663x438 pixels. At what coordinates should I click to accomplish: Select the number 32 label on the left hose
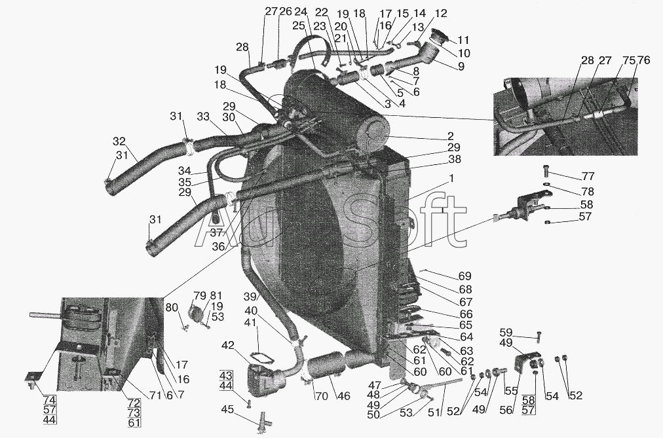(118, 141)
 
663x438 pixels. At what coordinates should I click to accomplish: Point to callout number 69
(464, 276)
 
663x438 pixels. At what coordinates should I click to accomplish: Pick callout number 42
(227, 345)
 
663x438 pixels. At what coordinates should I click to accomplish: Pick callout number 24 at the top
(300, 12)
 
